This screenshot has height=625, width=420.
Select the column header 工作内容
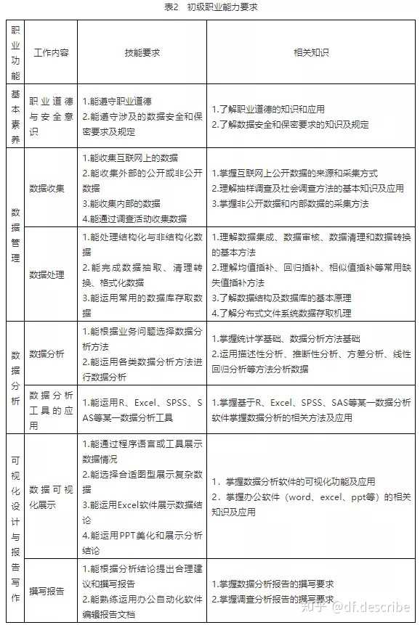point(51,53)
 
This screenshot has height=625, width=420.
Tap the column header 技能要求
point(142,53)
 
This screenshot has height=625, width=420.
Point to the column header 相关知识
point(311,53)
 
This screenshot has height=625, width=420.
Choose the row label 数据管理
point(15,234)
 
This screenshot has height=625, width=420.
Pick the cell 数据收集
point(47,188)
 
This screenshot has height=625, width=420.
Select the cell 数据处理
point(47,274)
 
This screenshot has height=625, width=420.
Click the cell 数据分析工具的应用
point(51,409)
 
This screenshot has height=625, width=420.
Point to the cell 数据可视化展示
point(51,497)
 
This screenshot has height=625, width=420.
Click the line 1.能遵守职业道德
point(117,101)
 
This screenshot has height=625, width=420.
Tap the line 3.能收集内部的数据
point(121,203)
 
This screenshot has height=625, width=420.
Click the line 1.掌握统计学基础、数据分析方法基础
point(286,338)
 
